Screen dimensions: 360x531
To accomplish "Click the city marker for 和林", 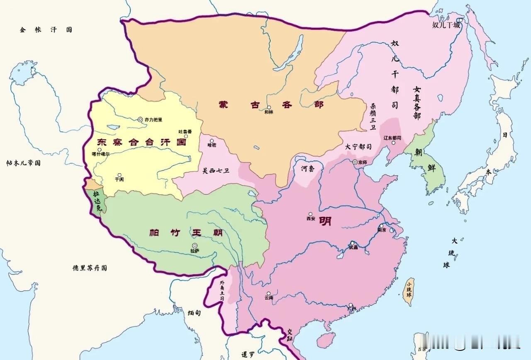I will pyautogui.click(x=269, y=107).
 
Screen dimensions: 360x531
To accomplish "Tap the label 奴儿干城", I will pyautogui.click(x=446, y=25).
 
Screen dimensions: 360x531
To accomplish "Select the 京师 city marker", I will pyautogui.click(x=355, y=162).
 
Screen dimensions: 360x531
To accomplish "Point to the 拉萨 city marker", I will pyautogui.click(x=194, y=245).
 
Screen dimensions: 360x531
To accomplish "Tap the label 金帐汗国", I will pyautogui.click(x=46, y=30).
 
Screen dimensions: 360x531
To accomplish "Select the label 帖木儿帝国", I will pyautogui.click(x=24, y=163).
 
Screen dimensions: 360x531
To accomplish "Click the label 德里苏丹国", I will pyautogui.click(x=90, y=268).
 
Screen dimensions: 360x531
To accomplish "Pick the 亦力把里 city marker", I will pyautogui.click(x=140, y=120).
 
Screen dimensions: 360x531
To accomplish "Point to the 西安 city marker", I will pyautogui.click(x=310, y=214).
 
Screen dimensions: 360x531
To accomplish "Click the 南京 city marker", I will pyautogui.click(x=381, y=225).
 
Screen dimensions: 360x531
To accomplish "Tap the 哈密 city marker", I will pyautogui.click(x=212, y=141).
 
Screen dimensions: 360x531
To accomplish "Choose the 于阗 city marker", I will pyautogui.click(x=119, y=175).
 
